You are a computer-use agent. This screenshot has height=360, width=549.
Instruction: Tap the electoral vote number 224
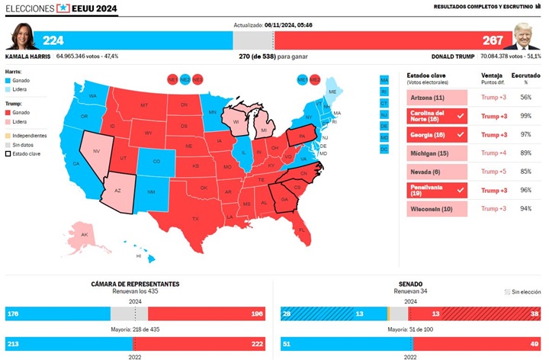(53, 40)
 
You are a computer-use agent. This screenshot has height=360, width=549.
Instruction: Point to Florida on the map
(302, 229)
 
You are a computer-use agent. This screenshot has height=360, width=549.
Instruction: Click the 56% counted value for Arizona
(525, 98)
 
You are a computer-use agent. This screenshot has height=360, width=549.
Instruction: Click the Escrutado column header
(525, 76)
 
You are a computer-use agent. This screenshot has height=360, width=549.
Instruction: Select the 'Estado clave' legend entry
(27, 153)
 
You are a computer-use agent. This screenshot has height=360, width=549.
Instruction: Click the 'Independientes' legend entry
(31, 136)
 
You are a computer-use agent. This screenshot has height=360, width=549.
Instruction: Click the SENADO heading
(410, 284)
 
